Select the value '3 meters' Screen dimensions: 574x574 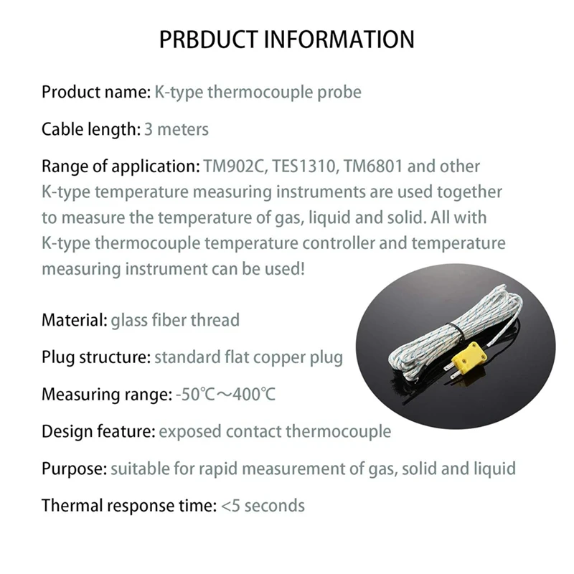tap(176, 130)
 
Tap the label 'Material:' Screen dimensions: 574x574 tap(74, 320)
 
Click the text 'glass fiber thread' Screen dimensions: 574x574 tap(175, 320)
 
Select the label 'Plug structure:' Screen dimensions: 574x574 tap(96, 357)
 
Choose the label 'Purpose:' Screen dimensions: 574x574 tap(74, 469)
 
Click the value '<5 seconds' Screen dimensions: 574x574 tap(263, 506)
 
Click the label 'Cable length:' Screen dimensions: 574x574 tap(89, 130)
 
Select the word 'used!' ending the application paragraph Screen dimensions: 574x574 tap(288, 269)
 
